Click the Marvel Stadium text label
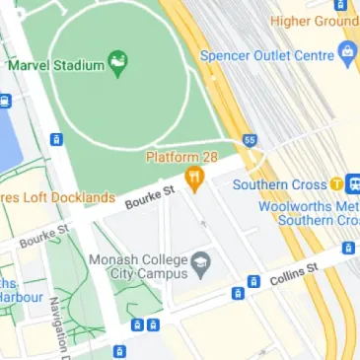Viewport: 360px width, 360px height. (55, 65)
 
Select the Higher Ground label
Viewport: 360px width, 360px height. (315, 21)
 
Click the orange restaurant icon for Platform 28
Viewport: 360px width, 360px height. (194, 179)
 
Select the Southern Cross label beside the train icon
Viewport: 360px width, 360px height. (280, 184)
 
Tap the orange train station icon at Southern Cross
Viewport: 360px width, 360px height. (337, 183)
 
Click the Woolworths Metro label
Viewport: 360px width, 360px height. (308, 206)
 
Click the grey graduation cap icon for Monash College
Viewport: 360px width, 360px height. (201, 262)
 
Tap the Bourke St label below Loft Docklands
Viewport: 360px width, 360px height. (44, 236)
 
